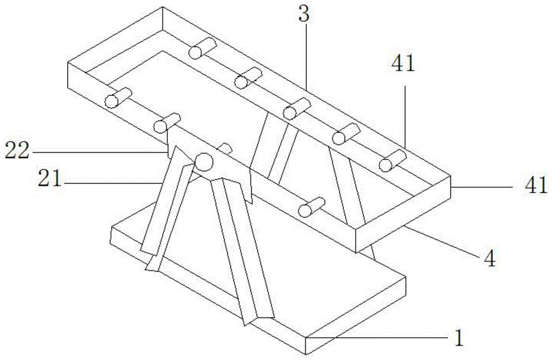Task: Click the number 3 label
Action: pyautogui.click(x=304, y=14)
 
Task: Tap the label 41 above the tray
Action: pyautogui.click(x=404, y=63)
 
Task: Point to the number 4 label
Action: pyautogui.click(x=490, y=260)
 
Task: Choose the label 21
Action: pyautogui.click(x=50, y=179)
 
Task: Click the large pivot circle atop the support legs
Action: pyautogui.click(x=204, y=162)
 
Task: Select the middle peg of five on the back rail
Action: pyautogui.click(x=298, y=108)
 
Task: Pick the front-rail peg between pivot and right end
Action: pyautogui.click(x=311, y=207)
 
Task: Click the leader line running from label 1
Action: pyautogui.click(x=376, y=337)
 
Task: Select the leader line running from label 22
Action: pyautogui.click(x=99, y=152)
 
